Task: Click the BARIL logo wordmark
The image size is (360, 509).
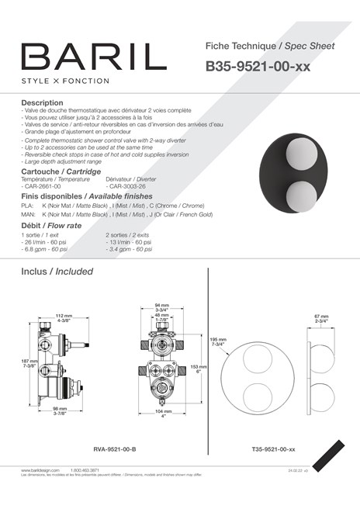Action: click(94, 57)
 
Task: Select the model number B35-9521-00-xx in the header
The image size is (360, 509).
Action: click(258, 67)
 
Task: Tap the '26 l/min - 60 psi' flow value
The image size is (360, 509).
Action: click(46, 241)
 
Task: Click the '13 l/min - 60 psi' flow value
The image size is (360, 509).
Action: click(131, 241)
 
